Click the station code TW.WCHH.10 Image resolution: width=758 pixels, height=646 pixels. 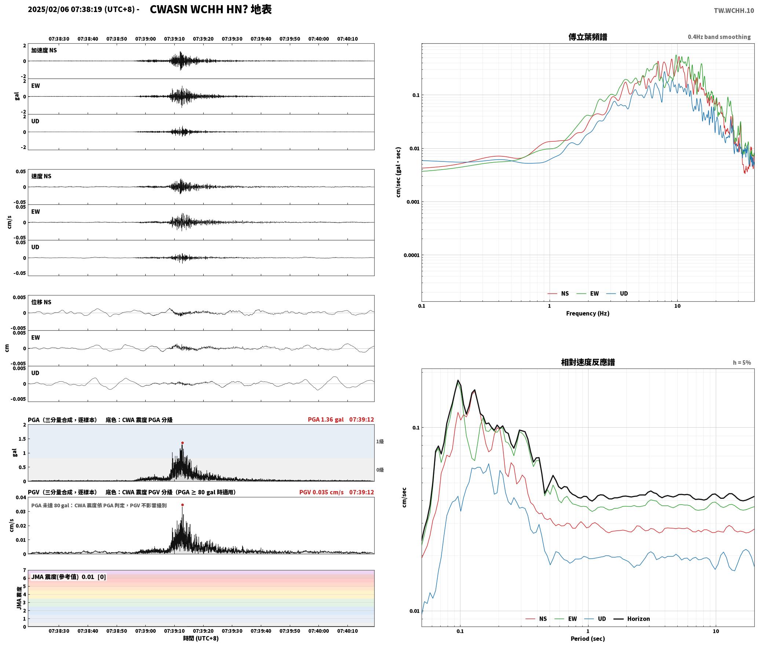pos(734,10)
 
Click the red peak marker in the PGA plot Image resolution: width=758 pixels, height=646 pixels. pos(182,443)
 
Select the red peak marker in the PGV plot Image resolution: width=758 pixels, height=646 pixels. pos(182,505)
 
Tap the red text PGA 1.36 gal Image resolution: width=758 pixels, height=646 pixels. pos(326,420)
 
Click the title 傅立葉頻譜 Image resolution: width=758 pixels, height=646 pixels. pos(587,37)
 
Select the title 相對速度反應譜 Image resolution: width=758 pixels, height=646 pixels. pos(588,362)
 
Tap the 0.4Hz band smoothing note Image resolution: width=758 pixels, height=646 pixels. pos(719,37)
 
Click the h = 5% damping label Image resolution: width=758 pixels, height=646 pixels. pos(742,363)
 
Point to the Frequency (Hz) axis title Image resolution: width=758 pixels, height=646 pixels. pos(587,313)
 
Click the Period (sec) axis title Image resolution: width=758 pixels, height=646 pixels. pos(587,638)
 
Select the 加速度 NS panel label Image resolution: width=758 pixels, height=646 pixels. pos(44,50)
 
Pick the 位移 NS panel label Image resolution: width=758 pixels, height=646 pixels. pos(41,302)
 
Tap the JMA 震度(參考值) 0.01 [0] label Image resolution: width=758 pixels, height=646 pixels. pos(69,577)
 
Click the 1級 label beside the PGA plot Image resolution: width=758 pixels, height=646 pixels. pos(380,442)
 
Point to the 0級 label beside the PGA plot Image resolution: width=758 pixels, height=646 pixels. pos(380,470)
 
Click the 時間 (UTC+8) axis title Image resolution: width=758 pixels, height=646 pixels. pos(201,638)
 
